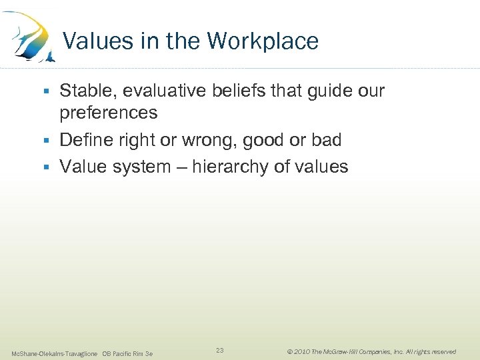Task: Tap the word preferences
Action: [x=109, y=113]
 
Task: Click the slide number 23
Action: [x=221, y=350]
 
